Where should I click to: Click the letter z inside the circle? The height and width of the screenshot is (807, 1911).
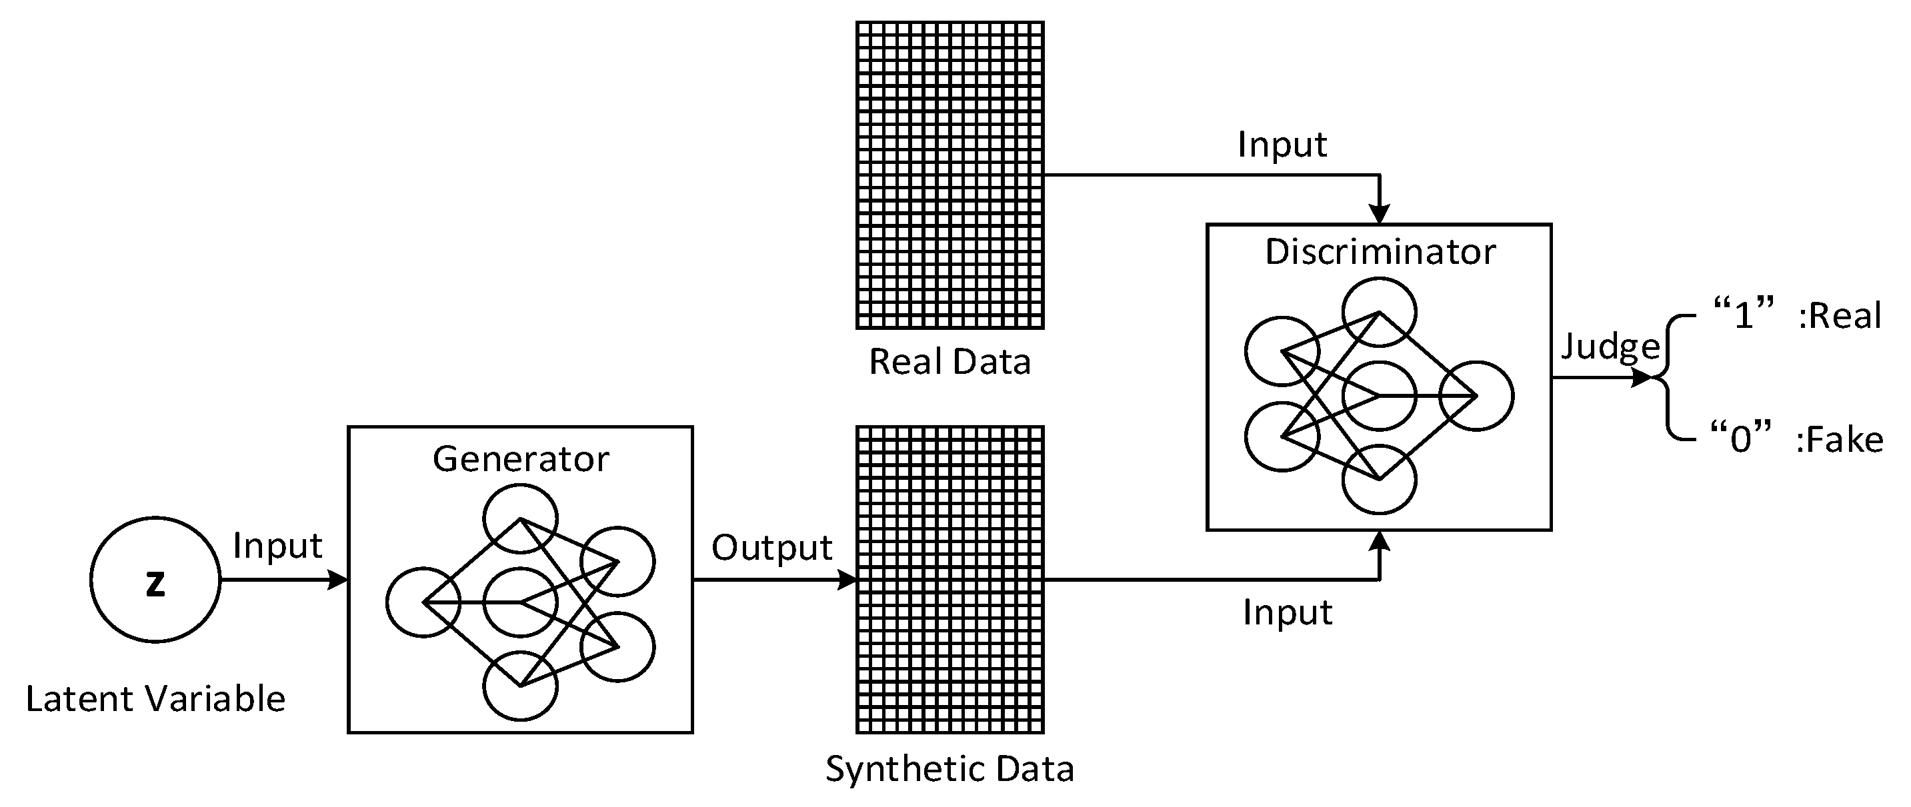(x=155, y=584)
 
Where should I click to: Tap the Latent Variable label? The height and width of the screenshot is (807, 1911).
(x=155, y=698)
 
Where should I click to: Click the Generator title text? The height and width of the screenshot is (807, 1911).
(x=521, y=459)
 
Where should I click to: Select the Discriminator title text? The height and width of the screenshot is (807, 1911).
(x=1380, y=252)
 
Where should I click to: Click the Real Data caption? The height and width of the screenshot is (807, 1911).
(x=949, y=363)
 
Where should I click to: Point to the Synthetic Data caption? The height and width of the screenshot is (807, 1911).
(x=949, y=769)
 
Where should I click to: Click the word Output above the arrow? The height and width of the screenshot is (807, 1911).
(x=771, y=548)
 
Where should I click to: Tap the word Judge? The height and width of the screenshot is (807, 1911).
(x=1610, y=347)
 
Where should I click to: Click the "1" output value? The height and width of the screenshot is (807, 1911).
(x=1744, y=315)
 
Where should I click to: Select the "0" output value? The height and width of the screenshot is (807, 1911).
(x=1740, y=438)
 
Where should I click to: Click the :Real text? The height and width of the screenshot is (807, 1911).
(x=1840, y=316)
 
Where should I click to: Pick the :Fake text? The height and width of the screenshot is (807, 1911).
(x=1840, y=440)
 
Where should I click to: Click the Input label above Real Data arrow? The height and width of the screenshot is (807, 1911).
(x=1282, y=145)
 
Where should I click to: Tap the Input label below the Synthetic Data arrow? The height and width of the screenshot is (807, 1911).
(x=1288, y=612)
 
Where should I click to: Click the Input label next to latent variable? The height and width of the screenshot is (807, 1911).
(x=277, y=546)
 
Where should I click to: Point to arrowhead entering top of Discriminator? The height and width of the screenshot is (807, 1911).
(x=1379, y=214)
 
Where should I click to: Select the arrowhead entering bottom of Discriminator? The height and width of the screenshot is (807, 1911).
(x=1379, y=540)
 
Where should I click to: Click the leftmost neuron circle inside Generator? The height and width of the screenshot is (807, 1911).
(x=423, y=602)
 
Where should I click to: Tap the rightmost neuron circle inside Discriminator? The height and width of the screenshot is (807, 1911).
(x=1476, y=396)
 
